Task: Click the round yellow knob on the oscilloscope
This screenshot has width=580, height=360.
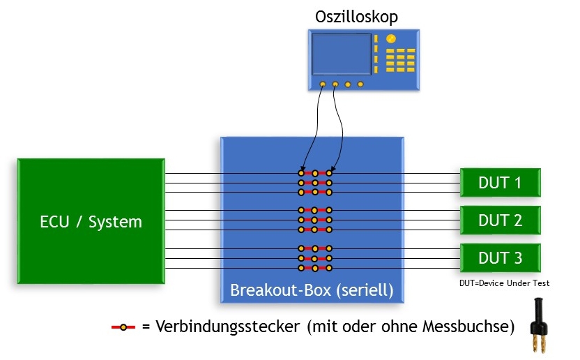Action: click(x=392, y=39)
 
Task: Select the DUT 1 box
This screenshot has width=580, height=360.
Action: click(x=500, y=183)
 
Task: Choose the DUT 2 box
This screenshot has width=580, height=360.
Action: click(x=500, y=220)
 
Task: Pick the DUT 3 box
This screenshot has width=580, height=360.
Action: click(x=500, y=258)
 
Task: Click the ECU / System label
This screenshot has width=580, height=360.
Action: click(x=91, y=223)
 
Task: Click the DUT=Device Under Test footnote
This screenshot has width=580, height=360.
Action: click(x=504, y=283)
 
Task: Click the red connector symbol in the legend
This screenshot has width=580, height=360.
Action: click(x=123, y=327)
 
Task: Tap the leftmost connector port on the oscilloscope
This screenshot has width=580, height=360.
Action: click(x=322, y=84)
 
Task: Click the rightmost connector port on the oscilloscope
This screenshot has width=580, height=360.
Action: click(x=360, y=84)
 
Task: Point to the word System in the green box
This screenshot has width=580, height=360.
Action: click(x=117, y=223)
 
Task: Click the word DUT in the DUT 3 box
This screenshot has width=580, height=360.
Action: click(x=492, y=258)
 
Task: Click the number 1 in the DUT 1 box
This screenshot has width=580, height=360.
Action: click(x=517, y=183)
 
